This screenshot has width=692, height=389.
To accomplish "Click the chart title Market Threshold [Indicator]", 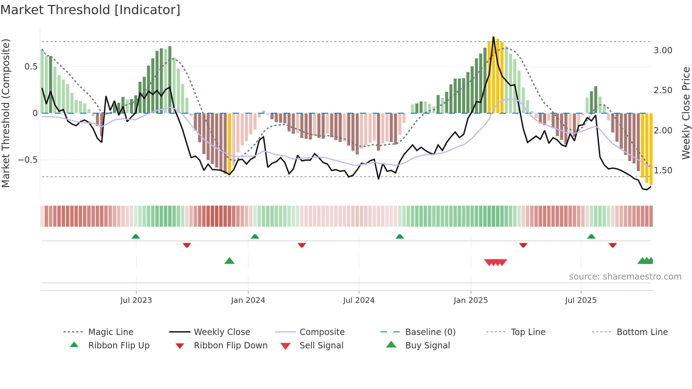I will click(90, 10).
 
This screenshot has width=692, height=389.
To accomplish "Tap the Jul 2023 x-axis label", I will click(136, 300).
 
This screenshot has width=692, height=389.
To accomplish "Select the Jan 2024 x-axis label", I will click(248, 300).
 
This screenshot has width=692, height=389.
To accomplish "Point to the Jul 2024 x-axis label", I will click(359, 300).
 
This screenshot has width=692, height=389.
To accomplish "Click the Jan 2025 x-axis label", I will click(471, 300).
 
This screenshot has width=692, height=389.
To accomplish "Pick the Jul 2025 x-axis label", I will click(581, 300).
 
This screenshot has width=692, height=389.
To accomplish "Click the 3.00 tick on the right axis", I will click(663, 50).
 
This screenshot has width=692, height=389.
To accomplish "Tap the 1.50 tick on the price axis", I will click(663, 170).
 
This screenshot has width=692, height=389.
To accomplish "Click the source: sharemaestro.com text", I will click(625, 277).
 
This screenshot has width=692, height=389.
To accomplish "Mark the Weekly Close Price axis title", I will click(686, 113).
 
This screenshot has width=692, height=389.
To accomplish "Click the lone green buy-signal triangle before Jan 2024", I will click(229, 261).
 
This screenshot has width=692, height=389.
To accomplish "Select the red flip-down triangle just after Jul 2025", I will click(613, 245).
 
